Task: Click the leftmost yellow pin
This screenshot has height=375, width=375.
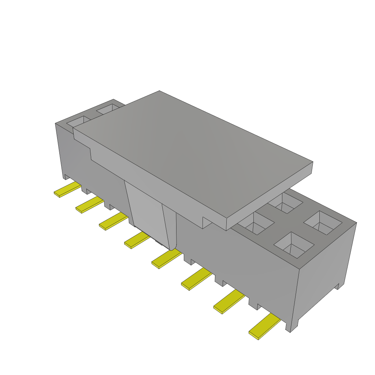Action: coord(67,190)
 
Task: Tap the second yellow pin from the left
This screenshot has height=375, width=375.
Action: coord(90,204)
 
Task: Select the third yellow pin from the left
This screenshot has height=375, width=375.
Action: coord(114,222)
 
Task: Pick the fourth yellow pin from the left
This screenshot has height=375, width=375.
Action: coord(137,240)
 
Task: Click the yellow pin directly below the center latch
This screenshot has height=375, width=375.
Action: coord(166,258)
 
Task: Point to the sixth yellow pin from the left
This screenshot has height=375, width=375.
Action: coord(197,279)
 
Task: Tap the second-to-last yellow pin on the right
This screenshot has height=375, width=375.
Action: coord(229,301)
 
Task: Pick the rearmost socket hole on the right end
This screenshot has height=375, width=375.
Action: coord(285,203)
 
